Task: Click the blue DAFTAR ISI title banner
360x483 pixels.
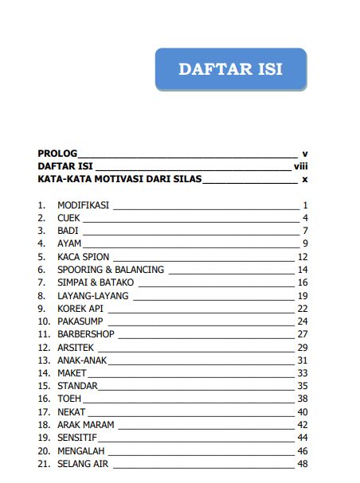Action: (230, 68)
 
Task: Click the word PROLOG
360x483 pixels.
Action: (57, 153)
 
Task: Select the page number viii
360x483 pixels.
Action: (300, 166)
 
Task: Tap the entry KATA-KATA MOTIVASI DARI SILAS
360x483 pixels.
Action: (120, 180)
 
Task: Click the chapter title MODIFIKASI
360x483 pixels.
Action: (83, 205)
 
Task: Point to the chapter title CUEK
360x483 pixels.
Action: (69, 218)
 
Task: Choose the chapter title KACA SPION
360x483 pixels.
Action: (83, 257)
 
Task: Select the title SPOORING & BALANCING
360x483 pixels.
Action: (110, 270)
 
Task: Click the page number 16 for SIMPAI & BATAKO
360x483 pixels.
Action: (302, 282)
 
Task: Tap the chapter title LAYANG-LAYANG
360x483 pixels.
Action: (92, 296)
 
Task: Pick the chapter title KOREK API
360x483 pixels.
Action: (80, 309)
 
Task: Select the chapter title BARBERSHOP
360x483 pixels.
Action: (87, 334)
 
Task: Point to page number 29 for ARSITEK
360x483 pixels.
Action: (302, 348)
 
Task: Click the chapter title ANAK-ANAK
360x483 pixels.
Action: (81, 360)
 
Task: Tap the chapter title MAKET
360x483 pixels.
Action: (71, 373)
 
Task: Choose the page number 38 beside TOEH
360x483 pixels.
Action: (302, 399)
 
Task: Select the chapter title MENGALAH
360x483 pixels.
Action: (80, 450)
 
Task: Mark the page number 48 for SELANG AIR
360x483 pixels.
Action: (302, 463)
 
